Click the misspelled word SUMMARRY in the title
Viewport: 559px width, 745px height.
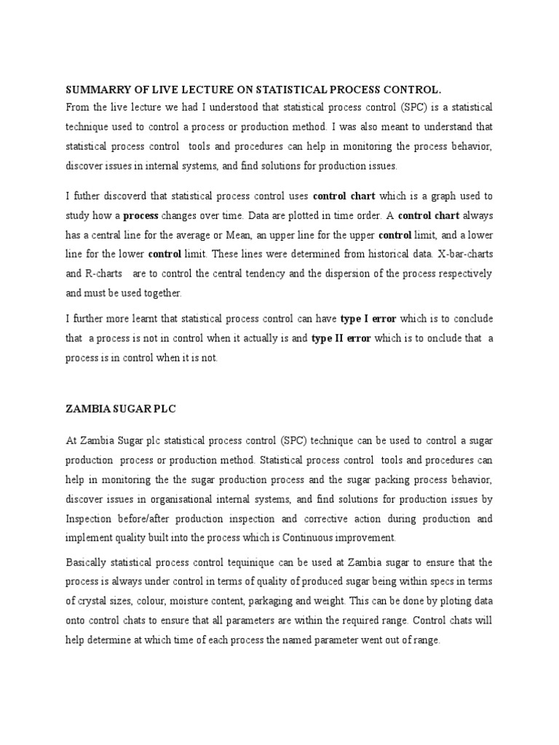pos(94,89)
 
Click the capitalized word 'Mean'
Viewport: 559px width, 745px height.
pos(262,235)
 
